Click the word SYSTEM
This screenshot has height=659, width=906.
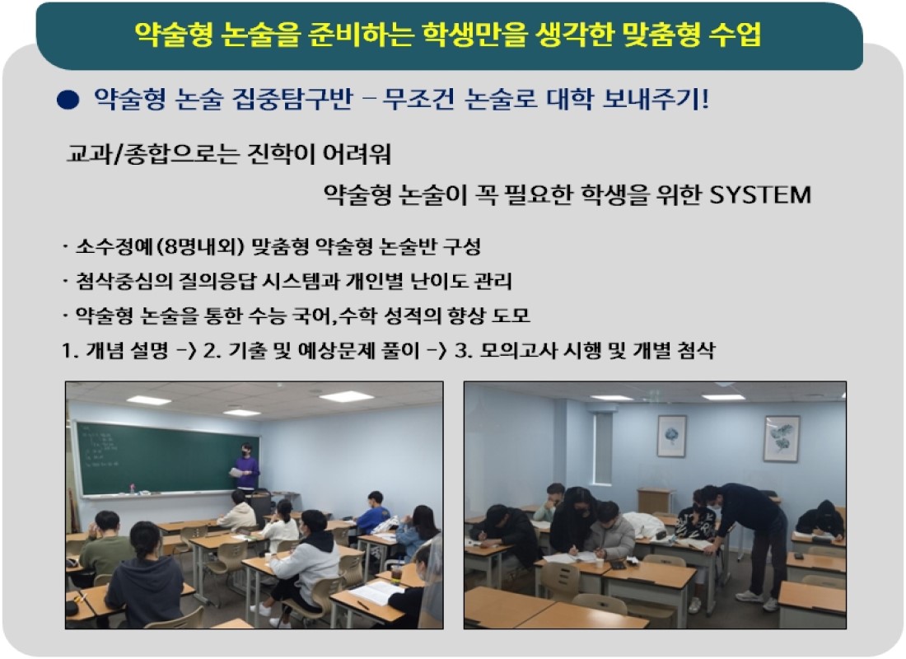(x=760, y=194)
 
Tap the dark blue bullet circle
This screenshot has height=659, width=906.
(x=68, y=100)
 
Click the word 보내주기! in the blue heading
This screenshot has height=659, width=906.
(x=656, y=99)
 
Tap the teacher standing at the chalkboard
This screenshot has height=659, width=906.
(x=246, y=467)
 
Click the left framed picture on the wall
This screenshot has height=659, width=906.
(x=671, y=436)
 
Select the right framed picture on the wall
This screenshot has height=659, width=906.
(x=781, y=439)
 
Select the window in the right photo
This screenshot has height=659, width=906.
(x=601, y=448)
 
